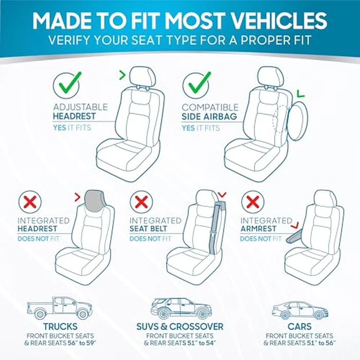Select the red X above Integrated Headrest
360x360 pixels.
point(30,202)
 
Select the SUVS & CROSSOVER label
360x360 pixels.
point(180,327)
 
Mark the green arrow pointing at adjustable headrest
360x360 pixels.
point(122,76)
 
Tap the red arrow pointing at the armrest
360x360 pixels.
point(295,225)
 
